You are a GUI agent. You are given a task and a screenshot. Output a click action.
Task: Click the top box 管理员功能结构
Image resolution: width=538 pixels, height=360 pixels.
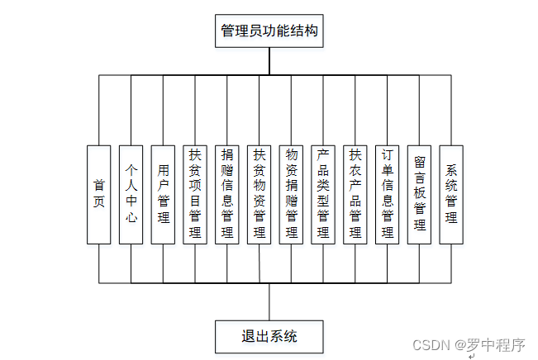click(x=269, y=31)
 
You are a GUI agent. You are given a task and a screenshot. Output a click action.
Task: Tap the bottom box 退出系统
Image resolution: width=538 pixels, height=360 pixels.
click(x=269, y=336)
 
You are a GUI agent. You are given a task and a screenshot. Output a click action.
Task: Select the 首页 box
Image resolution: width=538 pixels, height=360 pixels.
click(x=98, y=195)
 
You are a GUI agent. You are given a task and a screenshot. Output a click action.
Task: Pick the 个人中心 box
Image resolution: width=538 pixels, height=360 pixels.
click(x=131, y=195)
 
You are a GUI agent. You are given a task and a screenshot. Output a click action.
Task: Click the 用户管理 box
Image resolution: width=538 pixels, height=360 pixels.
click(x=163, y=195)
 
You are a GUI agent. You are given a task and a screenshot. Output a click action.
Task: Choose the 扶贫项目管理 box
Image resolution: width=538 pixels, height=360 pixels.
click(x=195, y=195)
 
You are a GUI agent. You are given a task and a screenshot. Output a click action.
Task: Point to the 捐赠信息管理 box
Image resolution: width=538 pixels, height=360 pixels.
click(x=227, y=195)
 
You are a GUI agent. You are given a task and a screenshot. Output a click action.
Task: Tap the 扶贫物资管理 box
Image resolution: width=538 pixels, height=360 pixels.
click(x=259, y=195)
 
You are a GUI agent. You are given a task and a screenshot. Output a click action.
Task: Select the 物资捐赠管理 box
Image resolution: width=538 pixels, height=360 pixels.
click(x=291, y=195)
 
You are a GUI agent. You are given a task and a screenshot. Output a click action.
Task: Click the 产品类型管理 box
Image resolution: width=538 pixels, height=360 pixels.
click(x=323, y=195)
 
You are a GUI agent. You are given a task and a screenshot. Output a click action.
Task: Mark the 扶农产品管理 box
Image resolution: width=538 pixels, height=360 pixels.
click(x=355, y=195)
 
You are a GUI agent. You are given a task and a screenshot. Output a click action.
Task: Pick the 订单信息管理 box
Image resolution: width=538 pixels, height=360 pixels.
click(x=387, y=195)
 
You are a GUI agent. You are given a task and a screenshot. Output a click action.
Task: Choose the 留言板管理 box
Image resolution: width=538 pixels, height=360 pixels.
click(x=419, y=195)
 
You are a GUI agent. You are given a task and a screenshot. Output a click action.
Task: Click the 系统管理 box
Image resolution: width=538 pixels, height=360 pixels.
click(x=451, y=195)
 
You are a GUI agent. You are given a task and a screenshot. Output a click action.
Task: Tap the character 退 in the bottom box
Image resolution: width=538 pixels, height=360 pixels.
click(x=248, y=336)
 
